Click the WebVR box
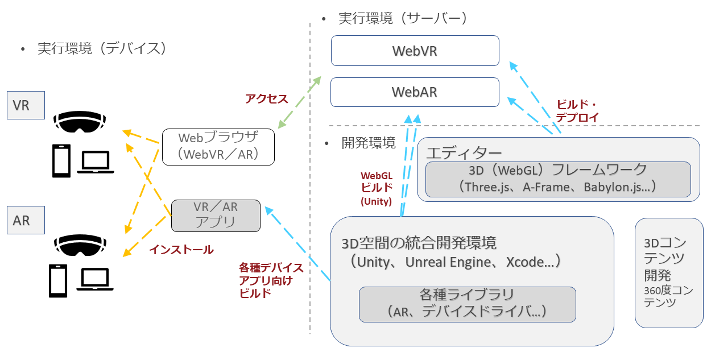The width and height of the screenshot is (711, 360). click(x=415, y=51)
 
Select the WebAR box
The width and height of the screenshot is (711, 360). click(x=415, y=92)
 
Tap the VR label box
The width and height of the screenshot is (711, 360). click(x=26, y=105)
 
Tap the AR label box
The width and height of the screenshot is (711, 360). click(x=26, y=220)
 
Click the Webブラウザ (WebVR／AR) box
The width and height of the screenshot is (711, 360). click(x=218, y=146)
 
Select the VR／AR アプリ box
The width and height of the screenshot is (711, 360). click(x=216, y=214)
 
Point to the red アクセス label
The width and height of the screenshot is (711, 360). click(x=266, y=98)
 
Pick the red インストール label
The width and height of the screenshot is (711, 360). click(x=181, y=249)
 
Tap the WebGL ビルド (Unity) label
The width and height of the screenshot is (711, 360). click(x=376, y=188)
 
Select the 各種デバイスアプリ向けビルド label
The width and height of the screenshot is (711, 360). click(x=271, y=280)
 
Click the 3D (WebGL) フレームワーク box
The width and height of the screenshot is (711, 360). click(x=557, y=179)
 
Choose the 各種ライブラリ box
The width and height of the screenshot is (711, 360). click(x=467, y=303)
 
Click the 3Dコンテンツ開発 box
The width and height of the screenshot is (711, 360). click(x=668, y=272)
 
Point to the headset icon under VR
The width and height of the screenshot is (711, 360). click(x=80, y=121)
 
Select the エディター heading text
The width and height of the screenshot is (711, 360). click(x=464, y=152)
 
